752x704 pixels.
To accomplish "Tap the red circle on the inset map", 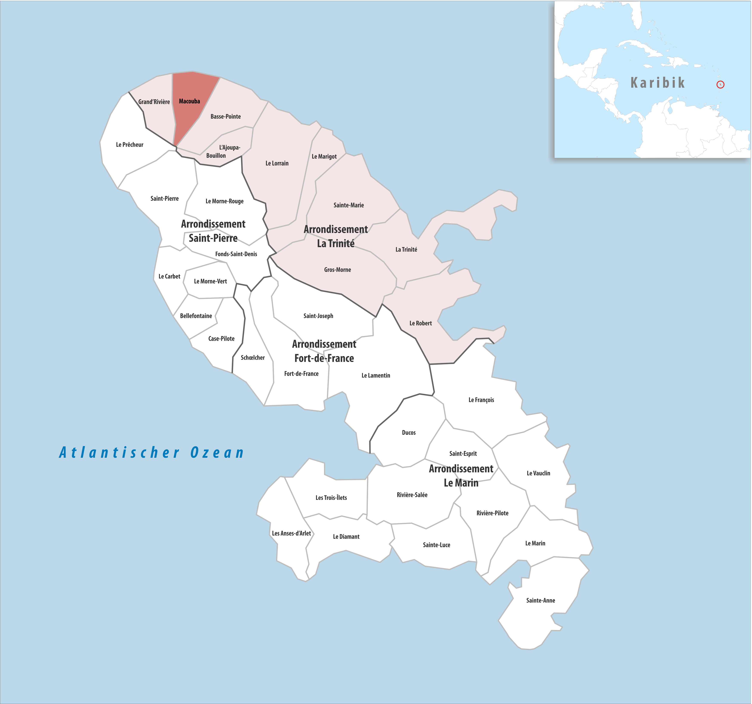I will pos(720,85).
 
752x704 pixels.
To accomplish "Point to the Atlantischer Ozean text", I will pos(151,452).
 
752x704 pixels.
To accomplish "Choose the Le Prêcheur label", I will pos(129,144).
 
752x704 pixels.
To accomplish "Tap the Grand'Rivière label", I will pos(154,102).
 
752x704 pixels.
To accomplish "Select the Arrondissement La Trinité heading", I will pos(336,236).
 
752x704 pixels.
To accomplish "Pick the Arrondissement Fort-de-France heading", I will pos(324,351).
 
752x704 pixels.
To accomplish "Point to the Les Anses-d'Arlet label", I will pos(291,533).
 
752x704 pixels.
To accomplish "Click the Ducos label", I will pos(408,432).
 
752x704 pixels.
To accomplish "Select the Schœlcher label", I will pos(253,358).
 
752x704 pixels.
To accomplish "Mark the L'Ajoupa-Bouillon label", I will pos(223,151).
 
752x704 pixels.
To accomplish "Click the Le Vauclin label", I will pos(538,473).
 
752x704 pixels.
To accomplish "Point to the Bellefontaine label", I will pos(196,316).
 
